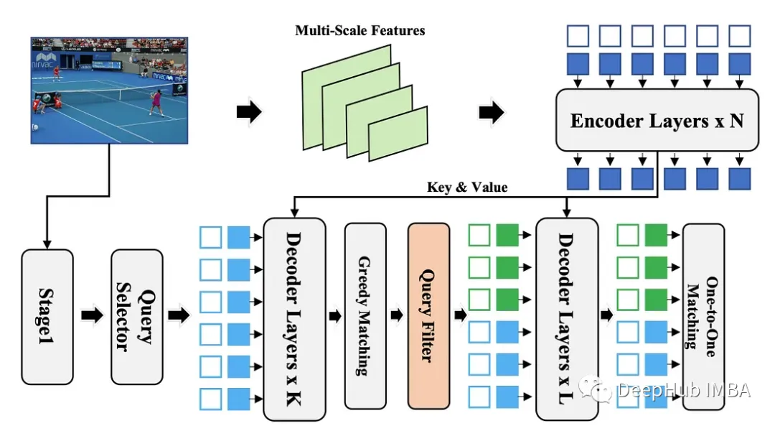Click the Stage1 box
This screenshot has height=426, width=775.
(x=47, y=316)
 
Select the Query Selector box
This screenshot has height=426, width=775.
(x=136, y=316)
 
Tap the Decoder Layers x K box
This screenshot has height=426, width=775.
(x=294, y=318)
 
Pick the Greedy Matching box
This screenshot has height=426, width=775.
(x=365, y=315)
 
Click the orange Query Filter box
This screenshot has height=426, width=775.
(x=428, y=315)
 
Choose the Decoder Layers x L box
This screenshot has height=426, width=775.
(x=566, y=318)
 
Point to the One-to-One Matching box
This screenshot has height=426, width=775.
(x=703, y=316)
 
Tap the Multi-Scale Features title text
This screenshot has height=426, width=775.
(x=360, y=31)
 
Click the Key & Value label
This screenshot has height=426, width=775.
(x=468, y=187)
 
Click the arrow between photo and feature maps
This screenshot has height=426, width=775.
(x=249, y=112)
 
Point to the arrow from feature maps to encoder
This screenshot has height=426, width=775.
(x=492, y=112)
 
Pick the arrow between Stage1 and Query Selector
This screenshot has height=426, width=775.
(x=92, y=316)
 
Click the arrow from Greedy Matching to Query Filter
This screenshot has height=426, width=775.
(x=395, y=315)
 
